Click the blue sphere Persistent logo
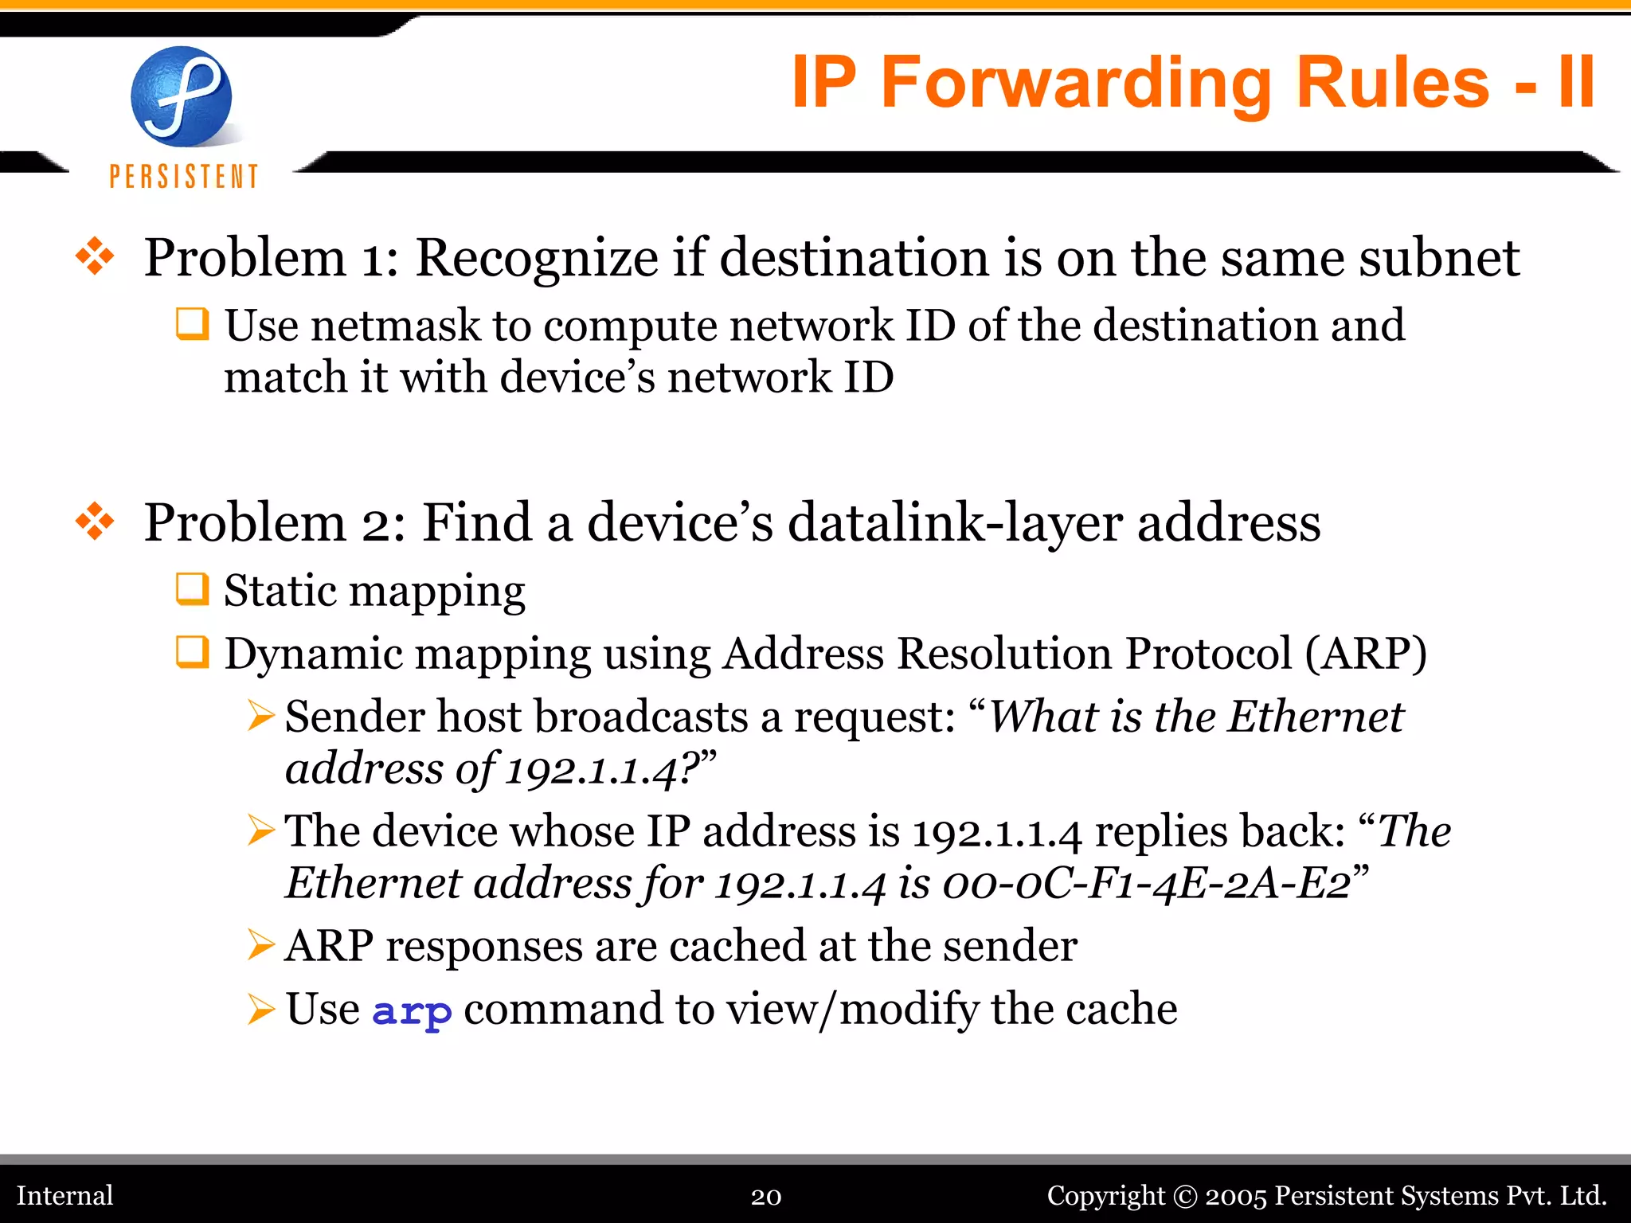point(182,97)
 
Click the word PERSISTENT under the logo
point(184,177)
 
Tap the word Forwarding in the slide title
point(1076,83)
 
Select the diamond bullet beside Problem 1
point(95,257)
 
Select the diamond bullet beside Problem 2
point(95,522)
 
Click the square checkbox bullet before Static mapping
point(192,589)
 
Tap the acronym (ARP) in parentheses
point(1365,654)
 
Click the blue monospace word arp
point(412,1011)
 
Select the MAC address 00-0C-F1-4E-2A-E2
point(1146,884)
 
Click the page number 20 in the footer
point(766,1197)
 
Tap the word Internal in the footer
point(65,1196)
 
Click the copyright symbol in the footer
point(1185,1197)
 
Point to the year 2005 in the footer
point(1235,1197)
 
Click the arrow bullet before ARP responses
point(260,945)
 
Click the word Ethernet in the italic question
point(1315,717)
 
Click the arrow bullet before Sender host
point(260,715)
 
